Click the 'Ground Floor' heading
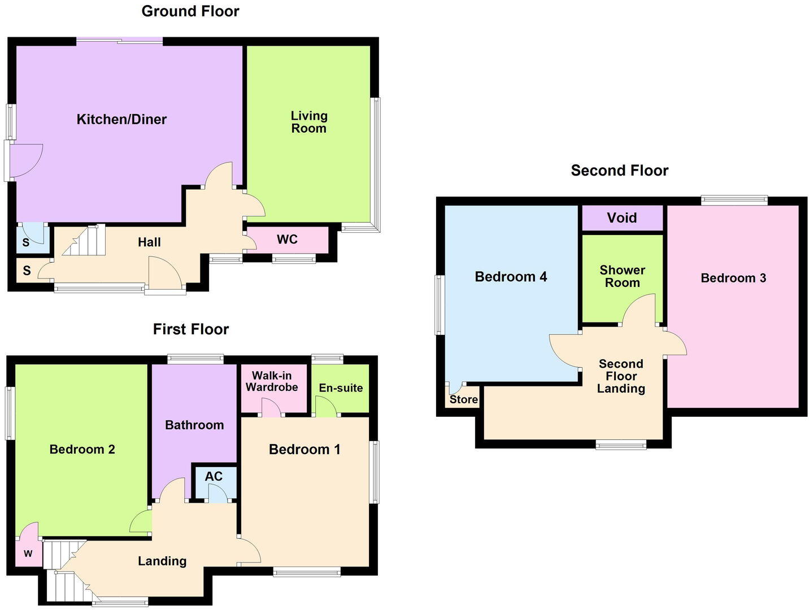190,11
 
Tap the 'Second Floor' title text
619,171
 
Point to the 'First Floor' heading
191,329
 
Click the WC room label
287,239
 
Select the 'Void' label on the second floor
621,218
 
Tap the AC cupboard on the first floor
214,477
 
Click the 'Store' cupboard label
463,400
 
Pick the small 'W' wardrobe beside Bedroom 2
28,554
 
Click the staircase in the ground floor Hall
85,241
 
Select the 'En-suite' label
341,388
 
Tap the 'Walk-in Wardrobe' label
272,381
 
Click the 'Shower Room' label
622,276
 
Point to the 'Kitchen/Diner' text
121,119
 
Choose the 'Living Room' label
309,122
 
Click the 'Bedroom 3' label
733,278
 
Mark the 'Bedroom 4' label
511,277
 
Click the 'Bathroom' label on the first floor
194,425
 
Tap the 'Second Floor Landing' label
621,376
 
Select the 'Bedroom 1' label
305,450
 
